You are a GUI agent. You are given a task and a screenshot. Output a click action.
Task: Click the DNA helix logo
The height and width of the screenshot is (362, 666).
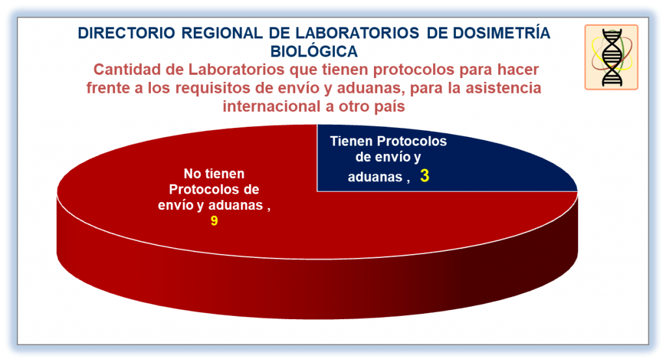611,57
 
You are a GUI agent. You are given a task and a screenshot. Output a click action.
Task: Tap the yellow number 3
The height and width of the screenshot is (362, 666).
425,175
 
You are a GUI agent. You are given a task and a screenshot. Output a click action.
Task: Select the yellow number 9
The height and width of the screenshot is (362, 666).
214,221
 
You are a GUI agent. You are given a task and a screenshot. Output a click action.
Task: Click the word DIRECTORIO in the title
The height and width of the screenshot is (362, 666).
126,33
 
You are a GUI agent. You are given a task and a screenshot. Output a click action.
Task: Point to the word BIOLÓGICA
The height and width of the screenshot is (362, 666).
314,51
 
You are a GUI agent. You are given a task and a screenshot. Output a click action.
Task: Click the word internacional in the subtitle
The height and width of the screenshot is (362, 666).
272,106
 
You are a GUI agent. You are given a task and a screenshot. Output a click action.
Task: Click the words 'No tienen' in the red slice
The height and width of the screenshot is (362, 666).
214,174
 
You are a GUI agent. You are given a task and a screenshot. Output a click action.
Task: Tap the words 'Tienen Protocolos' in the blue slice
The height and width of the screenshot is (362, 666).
388,141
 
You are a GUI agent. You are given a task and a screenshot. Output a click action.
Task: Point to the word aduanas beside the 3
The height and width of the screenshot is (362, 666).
375,177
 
